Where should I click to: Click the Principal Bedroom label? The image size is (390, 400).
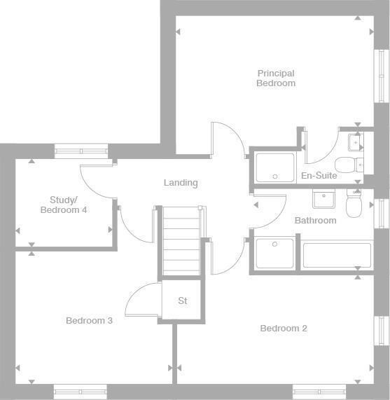pyautogui.click(x=276, y=78)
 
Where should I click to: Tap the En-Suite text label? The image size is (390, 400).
pyautogui.click(x=319, y=176)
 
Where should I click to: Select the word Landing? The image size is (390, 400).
pyautogui.click(x=181, y=183)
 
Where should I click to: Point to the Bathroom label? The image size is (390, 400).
pyautogui.click(x=315, y=220)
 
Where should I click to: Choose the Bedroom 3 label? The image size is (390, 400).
pyautogui.click(x=90, y=321)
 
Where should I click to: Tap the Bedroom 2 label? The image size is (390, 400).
pyautogui.click(x=284, y=328)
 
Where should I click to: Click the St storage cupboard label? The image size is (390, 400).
pyautogui.click(x=183, y=301)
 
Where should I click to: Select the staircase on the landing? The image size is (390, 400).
pyautogui.click(x=181, y=241)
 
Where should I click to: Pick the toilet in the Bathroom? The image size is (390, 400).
pyautogui.click(x=353, y=205)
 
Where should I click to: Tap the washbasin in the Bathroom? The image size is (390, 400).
pyautogui.click(x=323, y=200)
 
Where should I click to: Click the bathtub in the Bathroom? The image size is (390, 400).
pyautogui.click(x=336, y=256)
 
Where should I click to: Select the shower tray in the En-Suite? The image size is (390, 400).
pyautogui.click(x=275, y=167)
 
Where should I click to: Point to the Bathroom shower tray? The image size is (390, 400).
pyautogui.click(x=275, y=255)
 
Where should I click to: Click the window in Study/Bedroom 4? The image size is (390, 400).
pyautogui.click(x=81, y=151)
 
